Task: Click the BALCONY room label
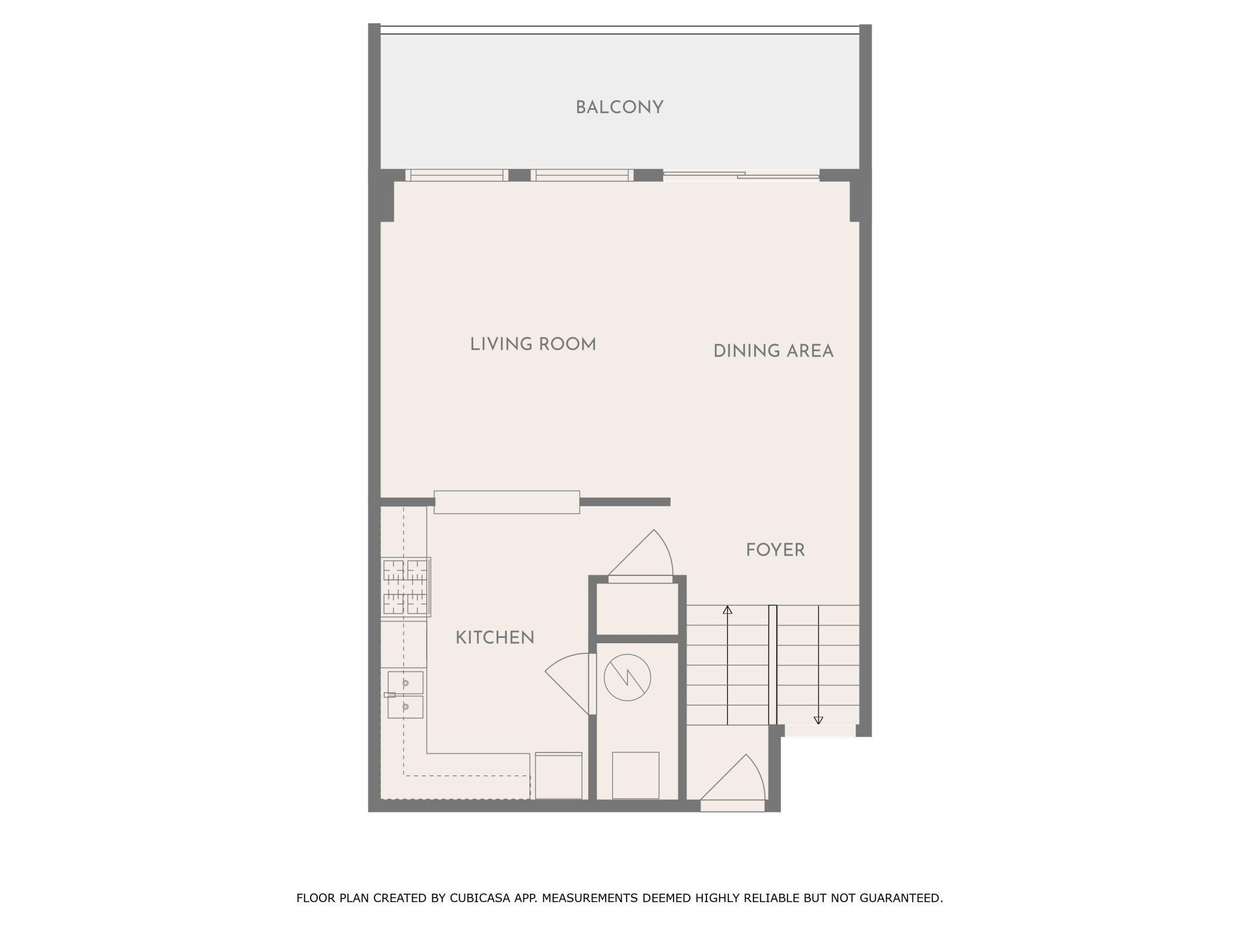pos(619,108)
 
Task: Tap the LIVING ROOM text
pos(533,345)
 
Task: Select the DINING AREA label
pos(773,351)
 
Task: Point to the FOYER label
pos(775,550)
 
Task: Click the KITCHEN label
pos(495,638)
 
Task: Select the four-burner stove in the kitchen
pos(405,587)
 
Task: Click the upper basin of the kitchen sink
pos(405,683)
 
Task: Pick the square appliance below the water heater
pos(635,775)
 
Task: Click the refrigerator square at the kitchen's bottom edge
pos(559,776)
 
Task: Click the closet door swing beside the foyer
pos(640,553)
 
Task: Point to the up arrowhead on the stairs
pos(727,610)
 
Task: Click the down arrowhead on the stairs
pos(819,720)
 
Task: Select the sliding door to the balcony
pos(742,175)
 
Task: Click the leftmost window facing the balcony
pos(457,175)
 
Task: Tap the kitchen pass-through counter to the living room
pos(507,502)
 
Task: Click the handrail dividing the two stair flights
pos(773,665)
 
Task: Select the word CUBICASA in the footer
pos(482,898)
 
